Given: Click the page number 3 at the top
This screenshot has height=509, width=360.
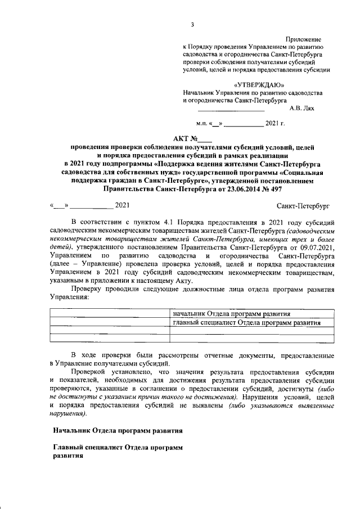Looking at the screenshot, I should (x=192, y=24).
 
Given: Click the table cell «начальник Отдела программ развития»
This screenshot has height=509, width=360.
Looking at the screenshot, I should (x=231, y=313).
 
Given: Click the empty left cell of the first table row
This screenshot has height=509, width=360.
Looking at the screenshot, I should (x=110, y=313).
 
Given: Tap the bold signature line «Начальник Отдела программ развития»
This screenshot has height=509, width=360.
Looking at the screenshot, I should (x=118, y=431).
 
